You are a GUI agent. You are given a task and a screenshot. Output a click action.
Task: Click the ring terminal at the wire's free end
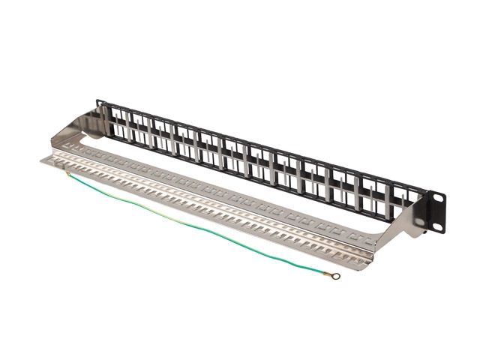click(x=336, y=276)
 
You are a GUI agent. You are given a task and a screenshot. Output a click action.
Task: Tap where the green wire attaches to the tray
click(x=67, y=173)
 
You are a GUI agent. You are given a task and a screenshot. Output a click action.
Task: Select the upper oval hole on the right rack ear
click(x=438, y=198)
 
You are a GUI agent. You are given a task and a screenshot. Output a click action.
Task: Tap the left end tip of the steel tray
click(x=43, y=160)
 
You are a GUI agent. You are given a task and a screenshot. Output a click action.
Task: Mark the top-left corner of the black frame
click(x=98, y=101)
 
